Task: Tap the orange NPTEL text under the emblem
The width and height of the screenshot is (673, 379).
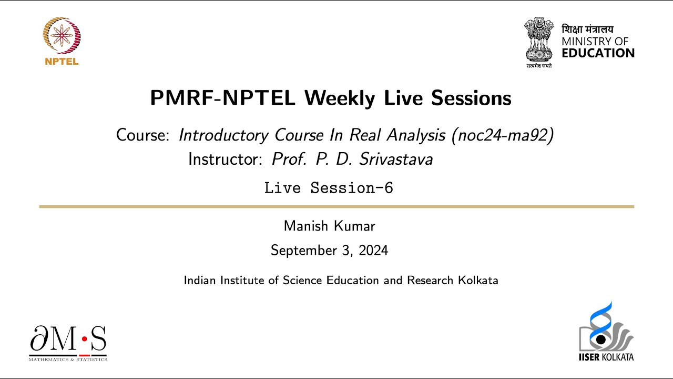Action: (x=62, y=62)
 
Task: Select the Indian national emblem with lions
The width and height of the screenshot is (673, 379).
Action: (x=539, y=39)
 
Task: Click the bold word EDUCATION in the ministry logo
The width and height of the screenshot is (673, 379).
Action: (x=598, y=53)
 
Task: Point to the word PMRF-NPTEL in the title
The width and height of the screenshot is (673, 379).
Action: (x=222, y=98)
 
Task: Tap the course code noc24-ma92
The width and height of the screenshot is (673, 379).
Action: (x=499, y=135)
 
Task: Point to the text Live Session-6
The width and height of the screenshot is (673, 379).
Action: (x=329, y=188)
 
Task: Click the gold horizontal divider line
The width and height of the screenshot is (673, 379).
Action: (x=336, y=207)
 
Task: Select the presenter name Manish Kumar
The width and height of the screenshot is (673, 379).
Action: (x=329, y=226)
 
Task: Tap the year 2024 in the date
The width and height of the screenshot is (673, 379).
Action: (x=373, y=251)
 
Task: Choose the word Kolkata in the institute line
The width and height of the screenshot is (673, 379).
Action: (x=478, y=280)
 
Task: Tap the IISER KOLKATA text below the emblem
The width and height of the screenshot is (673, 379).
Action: (x=606, y=357)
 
